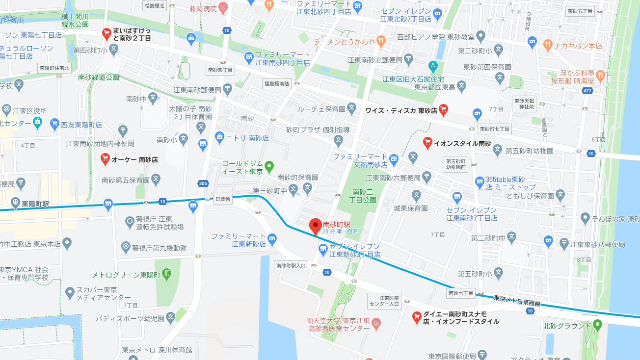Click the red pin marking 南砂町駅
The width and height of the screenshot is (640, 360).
tap(316, 226)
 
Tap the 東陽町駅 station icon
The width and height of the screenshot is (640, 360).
tap(16, 203)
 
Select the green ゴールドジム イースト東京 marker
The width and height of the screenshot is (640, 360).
tap(269, 167)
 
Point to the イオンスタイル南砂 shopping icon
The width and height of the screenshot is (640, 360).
tap(427, 142)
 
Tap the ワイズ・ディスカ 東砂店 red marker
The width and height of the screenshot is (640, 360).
tap(444, 109)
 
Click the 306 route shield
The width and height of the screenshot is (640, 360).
tap(203, 183)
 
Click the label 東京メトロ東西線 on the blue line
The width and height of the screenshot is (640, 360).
tap(517, 301)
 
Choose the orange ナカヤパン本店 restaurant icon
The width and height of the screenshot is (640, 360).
tap(547, 44)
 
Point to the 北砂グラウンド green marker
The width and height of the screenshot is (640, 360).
tap(597, 324)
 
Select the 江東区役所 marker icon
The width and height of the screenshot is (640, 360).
tap(7, 109)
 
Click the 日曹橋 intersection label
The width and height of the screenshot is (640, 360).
tap(223, 199)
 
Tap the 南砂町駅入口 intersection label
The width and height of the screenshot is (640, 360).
tap(291, 265)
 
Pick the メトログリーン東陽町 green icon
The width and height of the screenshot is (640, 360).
tap(168, 273)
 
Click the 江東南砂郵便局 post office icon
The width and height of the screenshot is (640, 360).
tap(227, 88)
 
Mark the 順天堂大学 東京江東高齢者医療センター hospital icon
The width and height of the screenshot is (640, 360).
tap(376, 323)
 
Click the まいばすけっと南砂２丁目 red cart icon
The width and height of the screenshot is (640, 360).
tap(106, 33)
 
